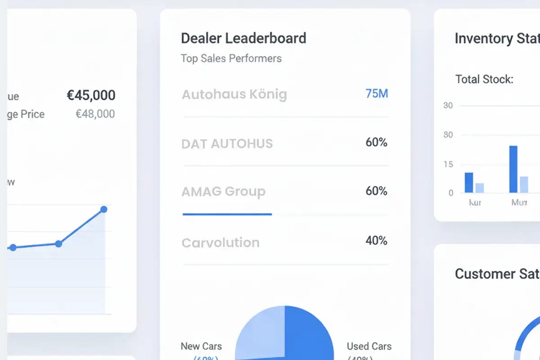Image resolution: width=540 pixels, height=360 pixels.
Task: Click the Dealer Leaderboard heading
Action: pos(243,38)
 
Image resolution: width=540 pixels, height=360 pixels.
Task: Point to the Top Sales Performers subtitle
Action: pos(231,58)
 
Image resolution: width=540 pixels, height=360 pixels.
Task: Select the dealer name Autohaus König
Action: pos(234,94)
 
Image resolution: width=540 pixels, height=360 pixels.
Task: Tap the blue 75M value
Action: pos(377,94)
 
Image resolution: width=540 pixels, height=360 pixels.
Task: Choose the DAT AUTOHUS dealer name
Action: pos(227,144)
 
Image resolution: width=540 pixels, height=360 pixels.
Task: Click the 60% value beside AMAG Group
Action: pos(376,191)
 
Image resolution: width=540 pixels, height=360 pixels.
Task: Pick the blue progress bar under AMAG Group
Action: pos(227,214)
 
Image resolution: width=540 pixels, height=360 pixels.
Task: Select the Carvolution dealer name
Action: pos(220,243)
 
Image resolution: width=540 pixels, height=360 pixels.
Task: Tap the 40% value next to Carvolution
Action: pos(376,241)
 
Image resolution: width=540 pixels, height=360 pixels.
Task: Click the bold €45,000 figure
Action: pos(91,95)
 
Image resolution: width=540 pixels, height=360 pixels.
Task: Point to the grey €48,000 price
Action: pos(95,114)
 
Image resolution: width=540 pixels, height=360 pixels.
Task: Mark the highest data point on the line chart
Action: pos(103,209)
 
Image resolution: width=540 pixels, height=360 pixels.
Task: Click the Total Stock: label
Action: pos(484,80)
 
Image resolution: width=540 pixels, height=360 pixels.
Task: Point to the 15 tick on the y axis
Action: pos(448,164)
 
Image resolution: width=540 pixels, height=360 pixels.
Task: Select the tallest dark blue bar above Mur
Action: pos(513,169)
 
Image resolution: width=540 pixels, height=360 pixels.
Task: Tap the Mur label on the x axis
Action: pos(519,202)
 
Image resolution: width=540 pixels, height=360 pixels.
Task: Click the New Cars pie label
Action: pos(201,346)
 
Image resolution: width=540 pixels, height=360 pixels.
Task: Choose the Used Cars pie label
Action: pos(369,346)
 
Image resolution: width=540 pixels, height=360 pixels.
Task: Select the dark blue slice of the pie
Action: pos(310,333)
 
